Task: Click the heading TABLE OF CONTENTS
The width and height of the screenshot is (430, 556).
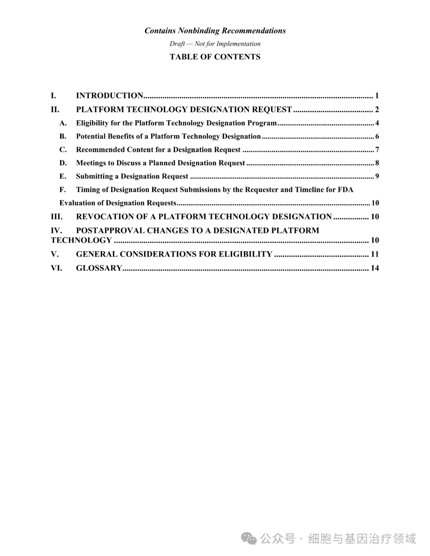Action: (215, 57)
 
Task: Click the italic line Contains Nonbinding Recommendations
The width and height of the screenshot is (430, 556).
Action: (215, 31)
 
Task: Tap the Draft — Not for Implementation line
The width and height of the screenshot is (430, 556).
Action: (215, 44)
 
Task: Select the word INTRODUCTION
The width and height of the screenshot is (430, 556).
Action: (109, 96)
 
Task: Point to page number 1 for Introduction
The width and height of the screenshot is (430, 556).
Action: (377, 96)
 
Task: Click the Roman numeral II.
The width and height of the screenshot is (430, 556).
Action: (55, 110)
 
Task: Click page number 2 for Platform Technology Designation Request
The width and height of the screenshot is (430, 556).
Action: (377, 110)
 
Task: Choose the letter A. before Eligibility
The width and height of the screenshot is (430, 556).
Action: (63, 123)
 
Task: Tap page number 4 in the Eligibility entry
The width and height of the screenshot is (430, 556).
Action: (377, 123)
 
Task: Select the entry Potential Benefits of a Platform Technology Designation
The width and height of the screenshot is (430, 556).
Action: (168, 137)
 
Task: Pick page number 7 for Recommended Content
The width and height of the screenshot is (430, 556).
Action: (377, 150)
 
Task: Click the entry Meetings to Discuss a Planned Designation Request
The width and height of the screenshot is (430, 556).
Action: (160, 163)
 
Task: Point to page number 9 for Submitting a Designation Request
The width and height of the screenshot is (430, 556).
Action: (377, 176)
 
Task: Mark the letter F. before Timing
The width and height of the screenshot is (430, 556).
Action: (63, 190)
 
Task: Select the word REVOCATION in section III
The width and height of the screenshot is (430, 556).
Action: (105, 217)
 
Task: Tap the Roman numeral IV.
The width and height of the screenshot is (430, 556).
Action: (56, 230)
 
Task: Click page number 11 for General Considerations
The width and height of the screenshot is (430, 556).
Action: (375, 254)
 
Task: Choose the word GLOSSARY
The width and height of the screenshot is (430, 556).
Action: (99, 268)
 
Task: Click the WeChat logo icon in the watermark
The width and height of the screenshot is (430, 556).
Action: (250, 539)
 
